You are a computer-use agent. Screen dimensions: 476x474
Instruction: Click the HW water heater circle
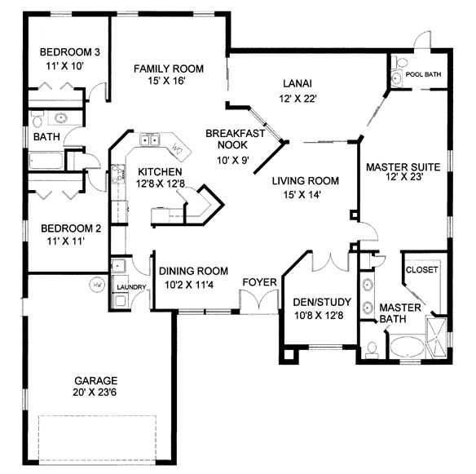(98, 285)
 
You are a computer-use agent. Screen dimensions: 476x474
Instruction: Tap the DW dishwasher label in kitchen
(178, 148)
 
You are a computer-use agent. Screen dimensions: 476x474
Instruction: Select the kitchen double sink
(149, 140)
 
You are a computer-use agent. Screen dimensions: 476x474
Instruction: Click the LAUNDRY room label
(131, 287)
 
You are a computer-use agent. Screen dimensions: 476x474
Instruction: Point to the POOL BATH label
(423, 74)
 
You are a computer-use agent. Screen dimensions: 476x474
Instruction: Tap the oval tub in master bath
(408, 347)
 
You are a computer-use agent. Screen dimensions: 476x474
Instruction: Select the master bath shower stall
(436, 337)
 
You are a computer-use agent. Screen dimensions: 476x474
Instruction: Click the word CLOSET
(421, 270)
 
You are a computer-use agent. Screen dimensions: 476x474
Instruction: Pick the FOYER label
(259, 282)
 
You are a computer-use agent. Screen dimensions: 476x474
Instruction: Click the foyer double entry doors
(259, 299)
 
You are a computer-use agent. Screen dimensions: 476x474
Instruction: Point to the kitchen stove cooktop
(118, 174)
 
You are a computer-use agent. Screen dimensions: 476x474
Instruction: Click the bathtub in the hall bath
(46, 161)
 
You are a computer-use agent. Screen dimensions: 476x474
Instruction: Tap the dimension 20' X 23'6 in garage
(95, 392)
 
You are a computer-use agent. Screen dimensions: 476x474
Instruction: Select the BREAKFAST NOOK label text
(235, 140)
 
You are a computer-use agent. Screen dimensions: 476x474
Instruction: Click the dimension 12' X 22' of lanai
(297, 99)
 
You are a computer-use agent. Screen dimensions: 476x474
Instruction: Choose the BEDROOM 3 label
(70, 52)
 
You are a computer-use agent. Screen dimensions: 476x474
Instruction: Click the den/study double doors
(331, 261)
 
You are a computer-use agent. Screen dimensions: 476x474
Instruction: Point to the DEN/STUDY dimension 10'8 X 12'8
(319, 316)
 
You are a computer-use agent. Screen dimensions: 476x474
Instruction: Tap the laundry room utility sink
(118, 266)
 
